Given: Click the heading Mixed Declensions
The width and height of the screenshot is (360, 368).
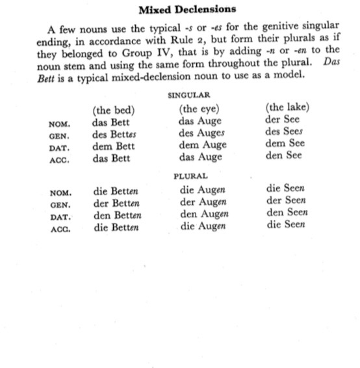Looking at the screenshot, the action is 188,10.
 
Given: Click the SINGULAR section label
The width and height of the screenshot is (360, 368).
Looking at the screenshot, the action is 187,95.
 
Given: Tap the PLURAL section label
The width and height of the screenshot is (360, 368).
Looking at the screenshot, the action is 190,176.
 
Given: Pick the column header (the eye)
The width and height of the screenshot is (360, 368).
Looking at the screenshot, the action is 199,109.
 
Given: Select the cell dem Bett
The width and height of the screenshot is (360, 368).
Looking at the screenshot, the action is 114,146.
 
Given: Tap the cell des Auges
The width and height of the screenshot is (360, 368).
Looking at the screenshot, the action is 201,133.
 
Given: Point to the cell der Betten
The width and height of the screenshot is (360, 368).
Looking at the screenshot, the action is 117,204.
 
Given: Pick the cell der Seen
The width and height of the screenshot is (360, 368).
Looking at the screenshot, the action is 286,201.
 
